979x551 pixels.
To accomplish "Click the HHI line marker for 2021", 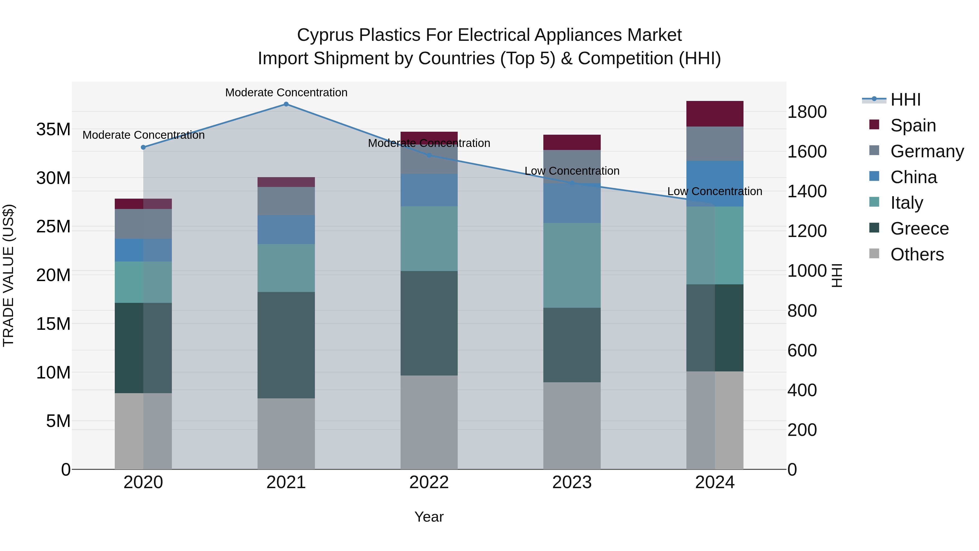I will point(286,104).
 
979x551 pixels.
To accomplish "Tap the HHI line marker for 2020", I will point(143,147).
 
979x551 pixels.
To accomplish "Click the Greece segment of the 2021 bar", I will point(286,345).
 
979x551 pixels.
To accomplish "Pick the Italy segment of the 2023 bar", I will point(572,265).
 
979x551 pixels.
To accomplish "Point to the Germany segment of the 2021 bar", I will point(286,201).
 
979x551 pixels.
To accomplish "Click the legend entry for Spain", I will point(913,125).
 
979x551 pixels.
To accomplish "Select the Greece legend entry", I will point(919,229).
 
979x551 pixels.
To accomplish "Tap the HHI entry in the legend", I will point(905,100).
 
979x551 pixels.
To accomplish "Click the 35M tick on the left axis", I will point(53,129).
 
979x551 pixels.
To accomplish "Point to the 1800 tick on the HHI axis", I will point(807,112).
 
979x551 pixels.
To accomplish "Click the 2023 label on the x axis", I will point(572,482).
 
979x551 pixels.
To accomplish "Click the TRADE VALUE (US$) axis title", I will point(8,275).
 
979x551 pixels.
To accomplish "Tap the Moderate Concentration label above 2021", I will point(286,93).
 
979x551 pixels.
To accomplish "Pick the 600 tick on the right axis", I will point(802,350).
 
